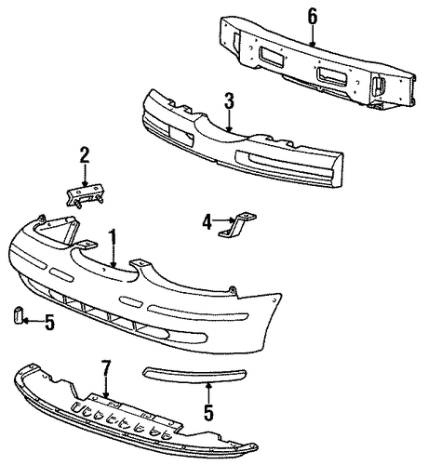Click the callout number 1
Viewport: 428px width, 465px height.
[114, 239]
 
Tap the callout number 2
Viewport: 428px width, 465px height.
[85, 155]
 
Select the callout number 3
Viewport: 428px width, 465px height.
[229, 101]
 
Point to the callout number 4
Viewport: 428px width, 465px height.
[207, 222]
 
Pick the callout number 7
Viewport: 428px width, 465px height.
[106, 369]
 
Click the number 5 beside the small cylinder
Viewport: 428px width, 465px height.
[49, 322]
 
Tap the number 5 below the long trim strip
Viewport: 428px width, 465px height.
[208, 412]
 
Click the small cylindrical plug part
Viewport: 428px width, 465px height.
[19, 315]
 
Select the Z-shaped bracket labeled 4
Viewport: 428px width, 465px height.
[238, 225]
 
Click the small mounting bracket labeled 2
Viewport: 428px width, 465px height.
[85, 196]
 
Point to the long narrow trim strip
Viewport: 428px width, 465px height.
[194, 375]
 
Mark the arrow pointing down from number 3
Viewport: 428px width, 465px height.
[229, 121]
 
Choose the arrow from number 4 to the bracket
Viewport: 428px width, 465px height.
[224, 220]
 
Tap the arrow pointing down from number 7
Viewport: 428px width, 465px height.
[106, 388]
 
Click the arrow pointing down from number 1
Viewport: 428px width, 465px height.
[114, 258]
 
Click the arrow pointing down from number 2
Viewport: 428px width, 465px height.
[85, 176]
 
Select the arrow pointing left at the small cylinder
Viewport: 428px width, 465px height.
[33, 321]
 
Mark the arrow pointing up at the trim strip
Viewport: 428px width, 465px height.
[208, 392]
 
